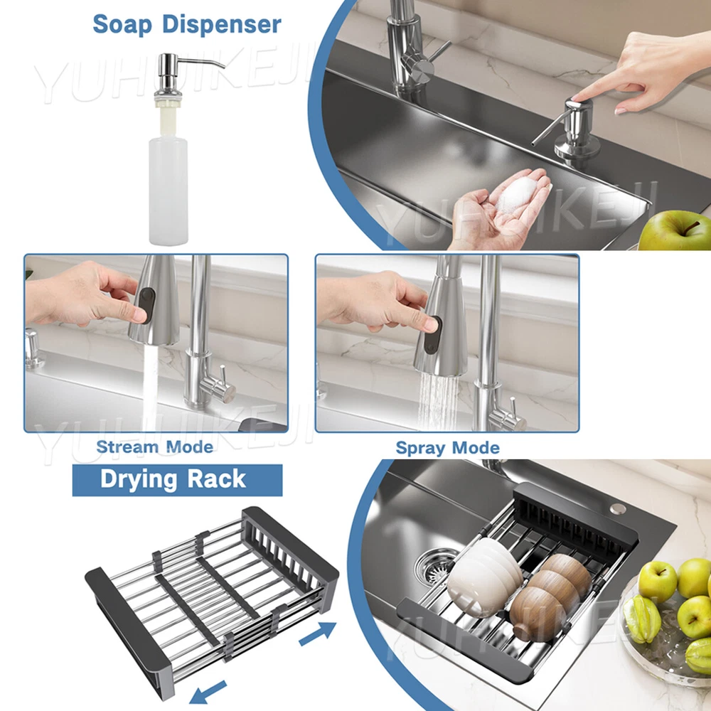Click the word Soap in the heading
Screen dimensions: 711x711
(x=122, y=25)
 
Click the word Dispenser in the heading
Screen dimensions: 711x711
(x=222, y=24)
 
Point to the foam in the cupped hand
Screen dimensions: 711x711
(x=519, y=193)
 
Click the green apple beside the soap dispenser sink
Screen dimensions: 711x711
(x=674, y=231)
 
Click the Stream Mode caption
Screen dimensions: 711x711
(x=154, y=447)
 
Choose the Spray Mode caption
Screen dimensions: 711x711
(x=447, y=448)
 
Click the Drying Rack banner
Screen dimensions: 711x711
(x=177, y=480)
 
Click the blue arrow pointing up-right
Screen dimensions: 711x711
(x=317, y=634)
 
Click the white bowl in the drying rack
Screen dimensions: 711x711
(x=483, y=575)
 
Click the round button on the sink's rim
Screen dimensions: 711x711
(x=616, y=508)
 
